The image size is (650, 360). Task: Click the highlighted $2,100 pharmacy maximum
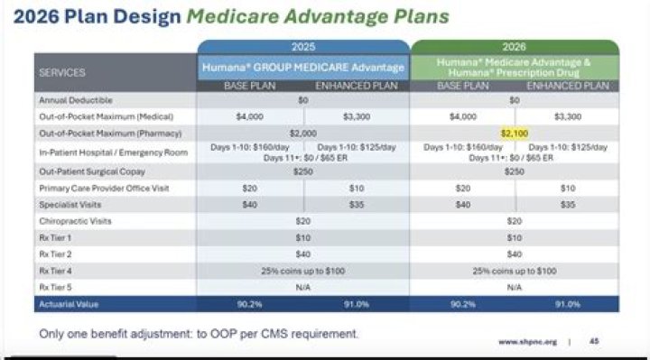pos(515,133)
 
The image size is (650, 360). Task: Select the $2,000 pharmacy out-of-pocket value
pos(303,133)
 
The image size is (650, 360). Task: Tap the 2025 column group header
pos(303,47)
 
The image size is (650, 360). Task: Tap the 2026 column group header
pos(515,47)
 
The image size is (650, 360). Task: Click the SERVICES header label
pos(62,71)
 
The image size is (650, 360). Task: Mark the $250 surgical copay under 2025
pos(303,171)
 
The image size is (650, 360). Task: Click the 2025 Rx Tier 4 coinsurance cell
pos(303,271)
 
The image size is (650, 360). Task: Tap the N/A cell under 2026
pos(515,286)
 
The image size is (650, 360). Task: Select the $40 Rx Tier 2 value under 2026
pos(515,254)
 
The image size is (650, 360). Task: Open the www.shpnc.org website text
pos(527,343)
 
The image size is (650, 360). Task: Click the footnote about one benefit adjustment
pos(199,334)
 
